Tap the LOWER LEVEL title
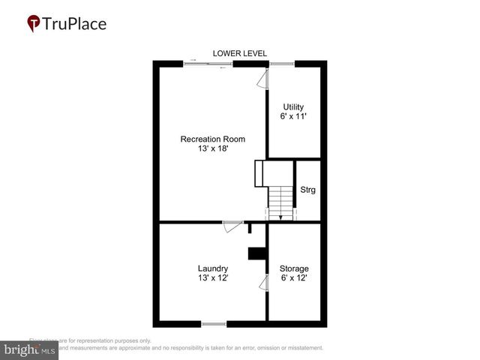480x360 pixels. tap(239, 53)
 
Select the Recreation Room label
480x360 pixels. tap(212, 139)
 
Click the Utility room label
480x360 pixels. tap(293, 107)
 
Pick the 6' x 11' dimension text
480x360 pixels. tap(293, 118)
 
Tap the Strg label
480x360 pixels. tap(307, 190)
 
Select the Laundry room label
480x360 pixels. tap(213, 268)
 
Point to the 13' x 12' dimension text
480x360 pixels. tap(213, 278)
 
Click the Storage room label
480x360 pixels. tap(294, 268)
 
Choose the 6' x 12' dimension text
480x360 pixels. tap(294, 278)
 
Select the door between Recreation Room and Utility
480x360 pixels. tap(263, 79)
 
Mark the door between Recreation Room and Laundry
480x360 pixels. tap(232, 225)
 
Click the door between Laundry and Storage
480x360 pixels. tap(263, 283)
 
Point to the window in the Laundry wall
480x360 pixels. tap(214, 324)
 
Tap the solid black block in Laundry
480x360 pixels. tap(256, 254)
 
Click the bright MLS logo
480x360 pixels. tap(28, 350)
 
